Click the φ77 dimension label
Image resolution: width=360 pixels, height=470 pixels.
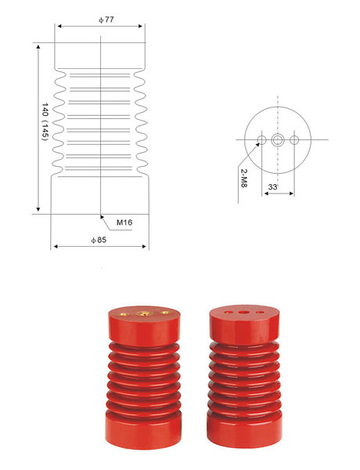click(x=106, y=20)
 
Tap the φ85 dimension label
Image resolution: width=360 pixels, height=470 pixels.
click(x=99, y=240)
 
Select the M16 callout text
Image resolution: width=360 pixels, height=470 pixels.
click(x=124, y=222)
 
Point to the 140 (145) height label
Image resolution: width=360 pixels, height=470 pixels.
click(x=45, y=121)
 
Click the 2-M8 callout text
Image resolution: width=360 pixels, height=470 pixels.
click(x=244, y=178)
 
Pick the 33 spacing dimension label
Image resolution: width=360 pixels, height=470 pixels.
click(x=272, y=187)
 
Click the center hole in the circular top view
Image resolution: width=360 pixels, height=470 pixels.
click(x=278, y=139)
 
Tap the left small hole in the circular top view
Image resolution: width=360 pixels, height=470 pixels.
click(x=261, y=139)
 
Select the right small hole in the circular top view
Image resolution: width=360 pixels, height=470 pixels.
click(x=294, y=139)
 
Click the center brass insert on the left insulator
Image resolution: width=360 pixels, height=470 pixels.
click(x=144, y=313)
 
